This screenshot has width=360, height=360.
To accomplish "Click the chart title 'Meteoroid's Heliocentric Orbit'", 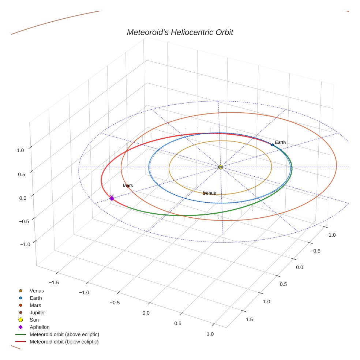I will [x=180, y=32].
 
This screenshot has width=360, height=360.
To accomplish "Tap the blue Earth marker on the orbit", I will [x=272, y=145].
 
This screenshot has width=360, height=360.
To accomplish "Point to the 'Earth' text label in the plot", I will [x=280, y=142].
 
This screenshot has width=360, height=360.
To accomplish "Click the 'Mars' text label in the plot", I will [x=128, y=185].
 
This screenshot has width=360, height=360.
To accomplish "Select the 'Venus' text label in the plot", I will [x=210, y=193].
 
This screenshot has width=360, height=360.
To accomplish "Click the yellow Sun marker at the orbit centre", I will [x=221, y=167].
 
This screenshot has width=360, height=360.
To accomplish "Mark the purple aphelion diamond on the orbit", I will [x=112, y=198].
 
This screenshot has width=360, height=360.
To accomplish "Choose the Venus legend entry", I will [x=37, y=291].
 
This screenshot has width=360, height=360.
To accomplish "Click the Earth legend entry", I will [x=36, y=298].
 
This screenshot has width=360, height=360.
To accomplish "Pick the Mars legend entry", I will [x=35, y=305].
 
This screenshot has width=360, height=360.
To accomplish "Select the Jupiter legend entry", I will [x=37, y=313].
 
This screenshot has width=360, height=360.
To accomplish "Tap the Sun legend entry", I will [x=34, y=320].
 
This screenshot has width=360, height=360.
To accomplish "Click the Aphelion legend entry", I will [x=40, y=327].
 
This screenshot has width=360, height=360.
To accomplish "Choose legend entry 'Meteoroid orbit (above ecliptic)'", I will [x=64, y=334].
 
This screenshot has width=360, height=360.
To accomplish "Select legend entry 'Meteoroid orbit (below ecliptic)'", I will [x=64, y=342].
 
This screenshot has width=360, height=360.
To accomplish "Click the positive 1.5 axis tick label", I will [x=249, y=319].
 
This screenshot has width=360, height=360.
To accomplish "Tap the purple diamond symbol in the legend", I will [x=21, y=327].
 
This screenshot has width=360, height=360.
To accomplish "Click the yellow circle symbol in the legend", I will [x=21, y=320].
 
